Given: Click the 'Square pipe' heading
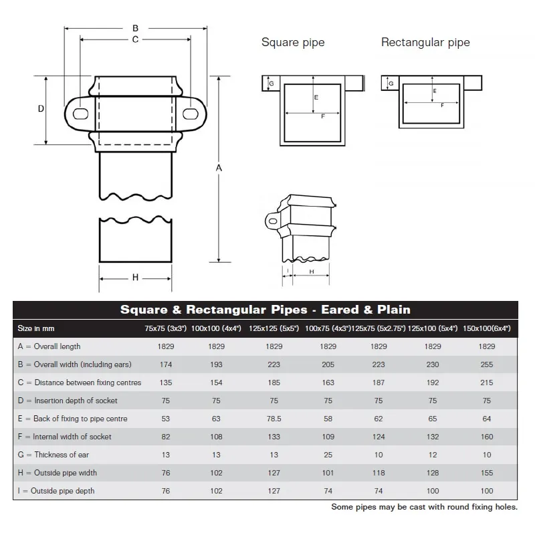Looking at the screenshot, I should pos(293,43).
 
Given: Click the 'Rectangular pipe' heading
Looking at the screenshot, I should pos(425,43).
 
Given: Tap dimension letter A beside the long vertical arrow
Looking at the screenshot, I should pos(219,169).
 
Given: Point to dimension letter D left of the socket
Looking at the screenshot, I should pos(41,109).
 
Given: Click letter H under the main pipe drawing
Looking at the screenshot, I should pos(135,278).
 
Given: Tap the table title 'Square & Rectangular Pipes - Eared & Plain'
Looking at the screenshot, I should pos(265,310).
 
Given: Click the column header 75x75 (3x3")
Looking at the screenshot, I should pos(166,328).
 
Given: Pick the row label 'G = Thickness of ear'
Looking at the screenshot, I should pos(54,455).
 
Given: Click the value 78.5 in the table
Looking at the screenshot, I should pos(274,419).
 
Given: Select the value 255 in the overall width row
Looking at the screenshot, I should pos(486,364).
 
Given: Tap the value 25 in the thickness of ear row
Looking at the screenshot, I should pos(328,455).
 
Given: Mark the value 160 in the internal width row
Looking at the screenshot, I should pos(486,437).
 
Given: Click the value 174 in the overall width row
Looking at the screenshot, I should pos(166,364).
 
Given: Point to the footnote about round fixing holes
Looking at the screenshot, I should pos(424,507).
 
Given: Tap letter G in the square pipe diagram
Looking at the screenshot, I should pos(271,84).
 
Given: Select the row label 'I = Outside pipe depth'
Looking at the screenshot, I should pos(56,491).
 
